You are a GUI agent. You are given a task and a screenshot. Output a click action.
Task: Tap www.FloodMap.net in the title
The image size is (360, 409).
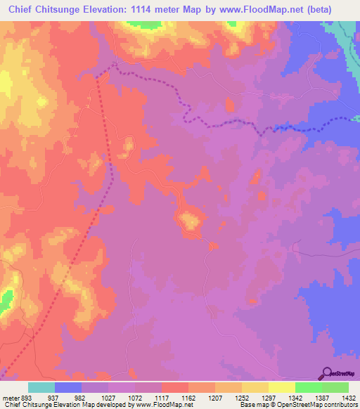(x=262, y=9)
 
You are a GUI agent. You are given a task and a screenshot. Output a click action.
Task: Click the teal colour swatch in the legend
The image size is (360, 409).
(x=41, y=387)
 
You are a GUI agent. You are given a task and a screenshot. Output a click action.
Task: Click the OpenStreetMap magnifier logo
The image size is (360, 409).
(x=326, y=373)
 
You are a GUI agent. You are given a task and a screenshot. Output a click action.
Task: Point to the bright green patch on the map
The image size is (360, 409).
(x=6, y=301)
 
